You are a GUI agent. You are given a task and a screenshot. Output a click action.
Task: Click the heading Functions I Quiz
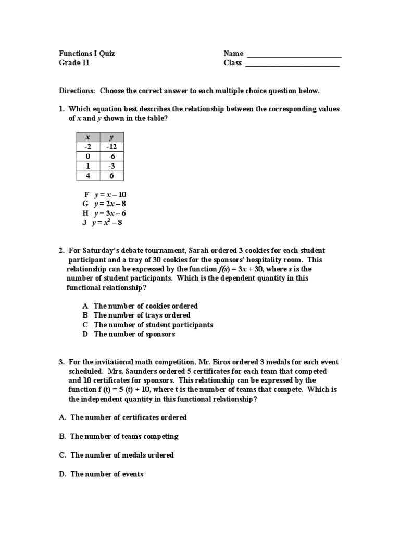[87, 54]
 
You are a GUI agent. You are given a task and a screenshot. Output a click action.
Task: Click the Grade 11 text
[74, 63]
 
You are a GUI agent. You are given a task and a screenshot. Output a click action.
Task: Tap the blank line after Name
[294, 55]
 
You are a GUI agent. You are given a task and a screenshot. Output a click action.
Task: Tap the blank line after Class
[292, 64]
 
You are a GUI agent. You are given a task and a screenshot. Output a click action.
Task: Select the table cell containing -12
[111, 147]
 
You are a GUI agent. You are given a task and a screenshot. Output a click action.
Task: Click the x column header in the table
[87, 137]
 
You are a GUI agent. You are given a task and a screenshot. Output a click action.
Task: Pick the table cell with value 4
[87, 175]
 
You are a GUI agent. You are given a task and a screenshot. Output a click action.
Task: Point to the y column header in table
[111, 137]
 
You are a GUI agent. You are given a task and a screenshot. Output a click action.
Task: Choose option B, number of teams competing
[118, 436]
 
